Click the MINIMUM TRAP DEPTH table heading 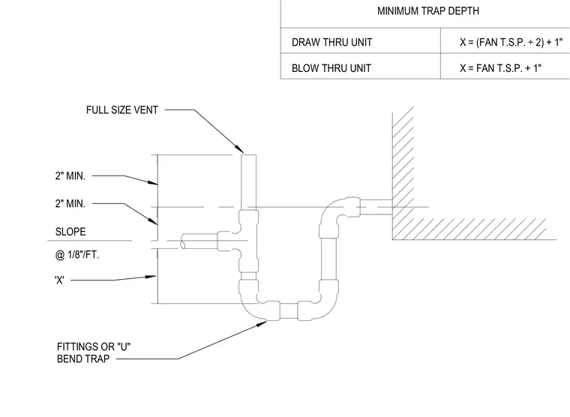[427, 11]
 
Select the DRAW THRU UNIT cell [332, 43]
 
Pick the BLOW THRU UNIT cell [331, 68]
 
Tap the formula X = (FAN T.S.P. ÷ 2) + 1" [511, 42]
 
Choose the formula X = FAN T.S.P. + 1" [500, 68]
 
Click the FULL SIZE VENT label [121, 110]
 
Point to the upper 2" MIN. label [70, 176]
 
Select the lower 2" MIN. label [70, 203]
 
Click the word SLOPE [70, 232]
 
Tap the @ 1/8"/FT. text [77, 255]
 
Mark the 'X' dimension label [59, 280]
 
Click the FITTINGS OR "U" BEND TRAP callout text [94, 352]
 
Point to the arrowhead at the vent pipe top [239, 148]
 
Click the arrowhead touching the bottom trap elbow [262, 323]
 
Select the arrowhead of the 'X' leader [151, 277]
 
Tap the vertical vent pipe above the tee [249, 182]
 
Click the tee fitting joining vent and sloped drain [240, 241]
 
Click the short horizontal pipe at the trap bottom [289, 310]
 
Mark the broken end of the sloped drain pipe [183, 241]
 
